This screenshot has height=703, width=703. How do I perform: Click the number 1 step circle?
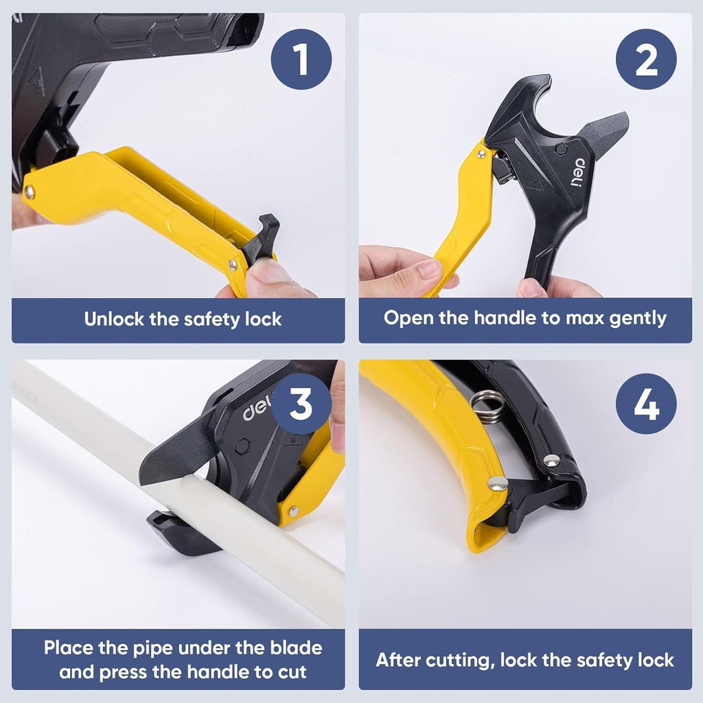(301, 60)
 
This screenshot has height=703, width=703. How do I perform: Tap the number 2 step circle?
(646, 60)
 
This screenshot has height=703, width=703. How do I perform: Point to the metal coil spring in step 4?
(488, 406)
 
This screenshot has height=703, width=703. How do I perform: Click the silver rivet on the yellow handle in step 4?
(497, 483)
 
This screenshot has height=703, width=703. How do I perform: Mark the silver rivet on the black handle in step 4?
(551, 461)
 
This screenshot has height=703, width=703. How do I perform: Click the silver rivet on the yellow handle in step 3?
(293, 511)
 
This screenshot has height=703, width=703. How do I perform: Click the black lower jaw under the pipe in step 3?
(175, 532)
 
